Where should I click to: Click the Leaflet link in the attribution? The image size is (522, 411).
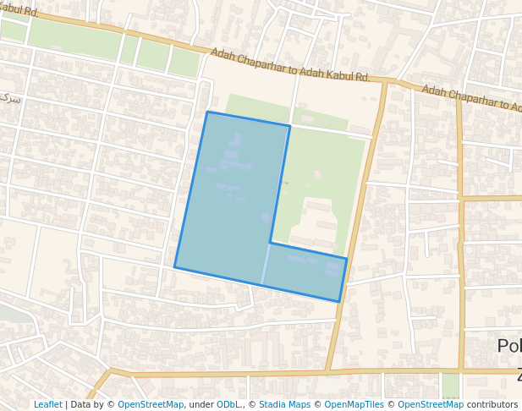[47, 405]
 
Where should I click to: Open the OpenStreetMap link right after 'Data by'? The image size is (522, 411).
[151, 405]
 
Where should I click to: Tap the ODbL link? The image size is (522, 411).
[228, 405]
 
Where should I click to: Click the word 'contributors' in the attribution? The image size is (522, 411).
[492, 405]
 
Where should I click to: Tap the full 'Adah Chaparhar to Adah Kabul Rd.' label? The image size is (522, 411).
[290, 65]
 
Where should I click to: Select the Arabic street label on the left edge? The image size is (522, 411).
[10, 99]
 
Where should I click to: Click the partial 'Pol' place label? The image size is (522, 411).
[508, 346]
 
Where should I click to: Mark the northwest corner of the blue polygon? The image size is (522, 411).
[207, 112]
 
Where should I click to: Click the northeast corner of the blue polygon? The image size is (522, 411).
[290, 126]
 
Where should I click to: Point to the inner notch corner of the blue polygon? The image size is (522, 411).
[271, 244]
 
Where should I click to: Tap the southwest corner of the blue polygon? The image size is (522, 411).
[175, 267]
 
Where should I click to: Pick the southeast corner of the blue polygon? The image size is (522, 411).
[339, 301]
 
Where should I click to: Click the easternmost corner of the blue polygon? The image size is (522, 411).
[347, 258]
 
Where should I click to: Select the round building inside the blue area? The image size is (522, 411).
[266, 218]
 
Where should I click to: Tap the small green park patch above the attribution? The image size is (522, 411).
[450, 385]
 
